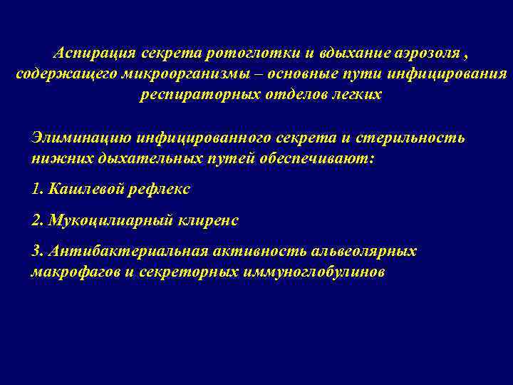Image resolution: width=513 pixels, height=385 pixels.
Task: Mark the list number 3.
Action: [37, 252]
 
